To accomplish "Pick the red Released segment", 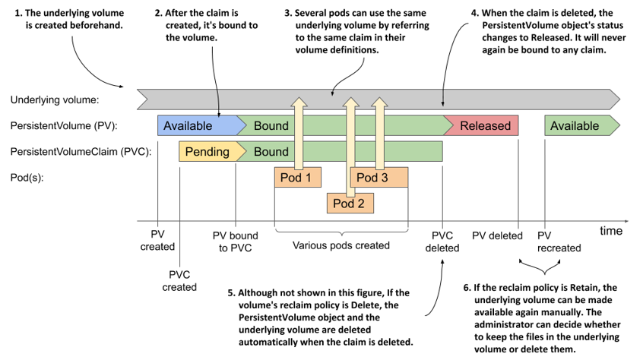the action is [x=481, y=125].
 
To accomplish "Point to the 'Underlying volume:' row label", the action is [x=55, y=100].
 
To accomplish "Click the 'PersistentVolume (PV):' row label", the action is [x=64, y=126].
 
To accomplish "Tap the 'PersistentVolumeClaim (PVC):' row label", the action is [x=81, y=152].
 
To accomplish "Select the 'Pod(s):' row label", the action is [x=27, y=178].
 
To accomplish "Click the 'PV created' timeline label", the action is [x=157, y=241].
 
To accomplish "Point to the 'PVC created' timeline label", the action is [x=179, y=280].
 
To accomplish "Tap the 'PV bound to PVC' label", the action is [x=236, y=242].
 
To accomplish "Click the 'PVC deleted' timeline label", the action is [x=442, y=242].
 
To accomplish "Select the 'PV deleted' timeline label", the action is [x=497, y=236].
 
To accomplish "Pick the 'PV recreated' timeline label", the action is [x=559, y=242].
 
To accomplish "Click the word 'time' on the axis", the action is [x=611, y=231].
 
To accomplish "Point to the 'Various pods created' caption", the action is [x=341, y=245].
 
